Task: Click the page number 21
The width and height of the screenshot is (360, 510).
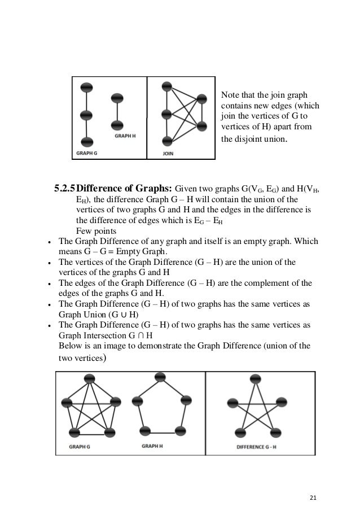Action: coord(314,482)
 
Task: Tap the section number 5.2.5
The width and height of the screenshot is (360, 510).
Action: coord(64,188)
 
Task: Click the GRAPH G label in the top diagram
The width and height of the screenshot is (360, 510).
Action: coord(87,153)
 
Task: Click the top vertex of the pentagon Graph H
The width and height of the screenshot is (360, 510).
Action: coord(160,376)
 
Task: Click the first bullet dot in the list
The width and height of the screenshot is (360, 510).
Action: coord(51,242)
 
